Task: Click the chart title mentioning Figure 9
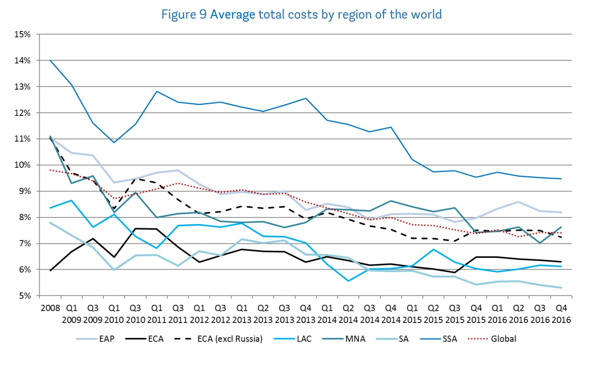click(301, 14)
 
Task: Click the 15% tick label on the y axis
click(22, 34)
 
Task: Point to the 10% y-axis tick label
click(22, 165)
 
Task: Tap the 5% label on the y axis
click(24, 296)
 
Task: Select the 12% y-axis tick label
click(22, 113)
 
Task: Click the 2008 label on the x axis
click(50, 309)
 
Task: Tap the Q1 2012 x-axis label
click(199, 314)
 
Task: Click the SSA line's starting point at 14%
click(50, 60)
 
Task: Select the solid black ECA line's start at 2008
click(50, 271)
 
